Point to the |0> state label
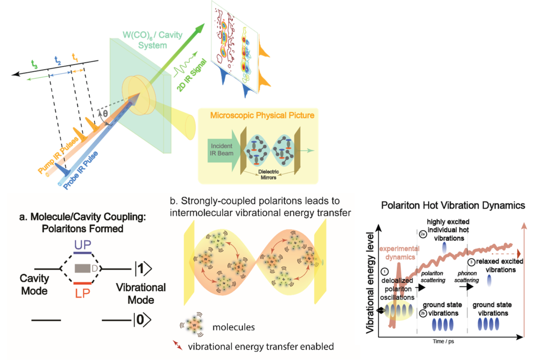click(143, 320)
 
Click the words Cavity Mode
click(34, 284)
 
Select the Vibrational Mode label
click(141, 293)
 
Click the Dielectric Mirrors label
click(267, 174)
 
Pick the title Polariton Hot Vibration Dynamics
click(453, 206)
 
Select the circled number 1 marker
click(384, 271)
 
